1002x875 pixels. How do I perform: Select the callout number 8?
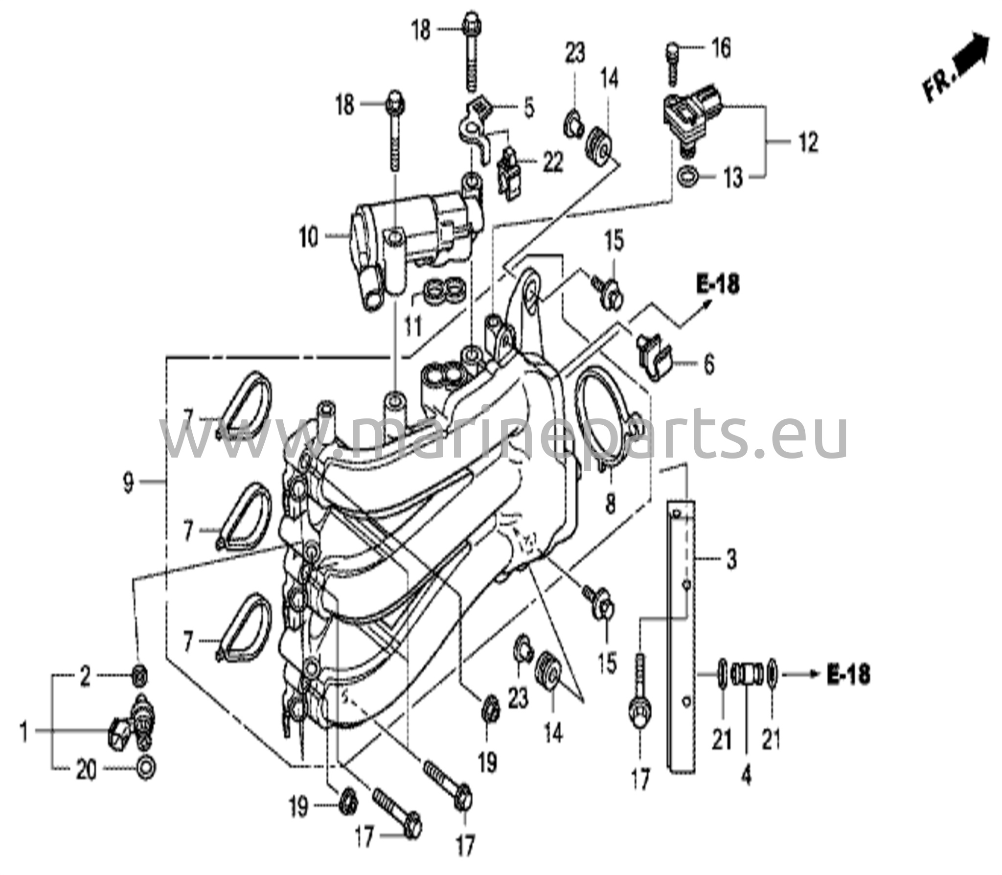pyautogui.click(x=611, y=503)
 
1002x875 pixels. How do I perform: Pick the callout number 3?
pyautogui.click(x=731, y=558)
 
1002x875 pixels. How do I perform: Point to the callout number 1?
pyautogui.click(x=23, y=732)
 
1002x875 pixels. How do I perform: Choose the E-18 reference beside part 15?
pyautogui.click(x=718, y=285)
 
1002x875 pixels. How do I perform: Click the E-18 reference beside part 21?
pyautogui.click(x=848, y=675)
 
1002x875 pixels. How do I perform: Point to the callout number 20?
pyautogui.click(x=86, y=771)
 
